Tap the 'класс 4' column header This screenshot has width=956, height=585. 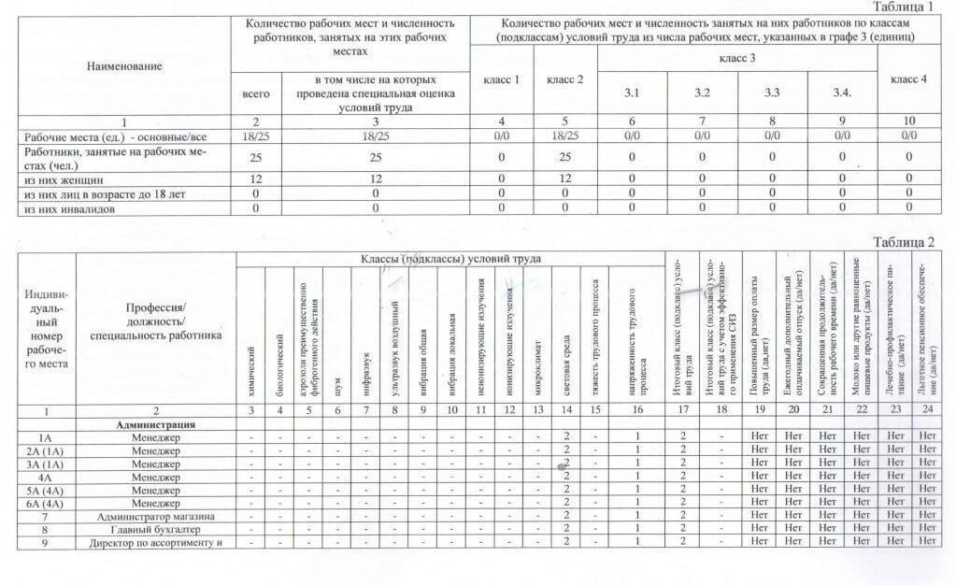point(908,79)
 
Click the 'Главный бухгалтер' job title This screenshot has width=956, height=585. point(156,529)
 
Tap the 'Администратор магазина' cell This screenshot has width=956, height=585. point(156,516)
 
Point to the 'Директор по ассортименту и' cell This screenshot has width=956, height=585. point(156,542)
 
